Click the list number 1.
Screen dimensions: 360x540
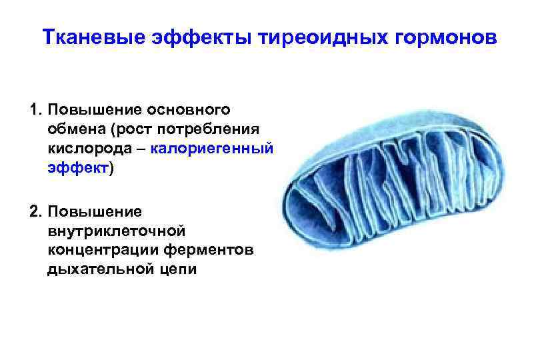35,109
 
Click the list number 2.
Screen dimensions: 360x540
35,212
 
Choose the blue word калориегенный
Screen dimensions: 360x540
211,148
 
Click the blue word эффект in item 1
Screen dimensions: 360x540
78,168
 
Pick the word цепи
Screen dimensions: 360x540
175,271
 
